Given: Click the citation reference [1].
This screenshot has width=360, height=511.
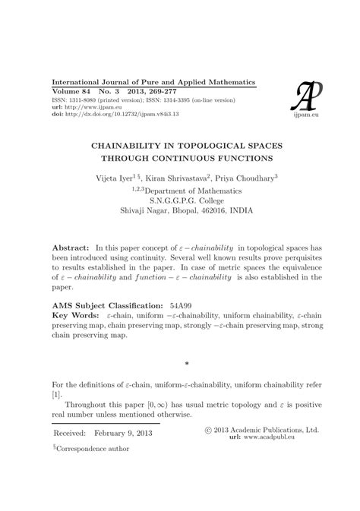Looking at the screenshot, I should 55,418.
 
